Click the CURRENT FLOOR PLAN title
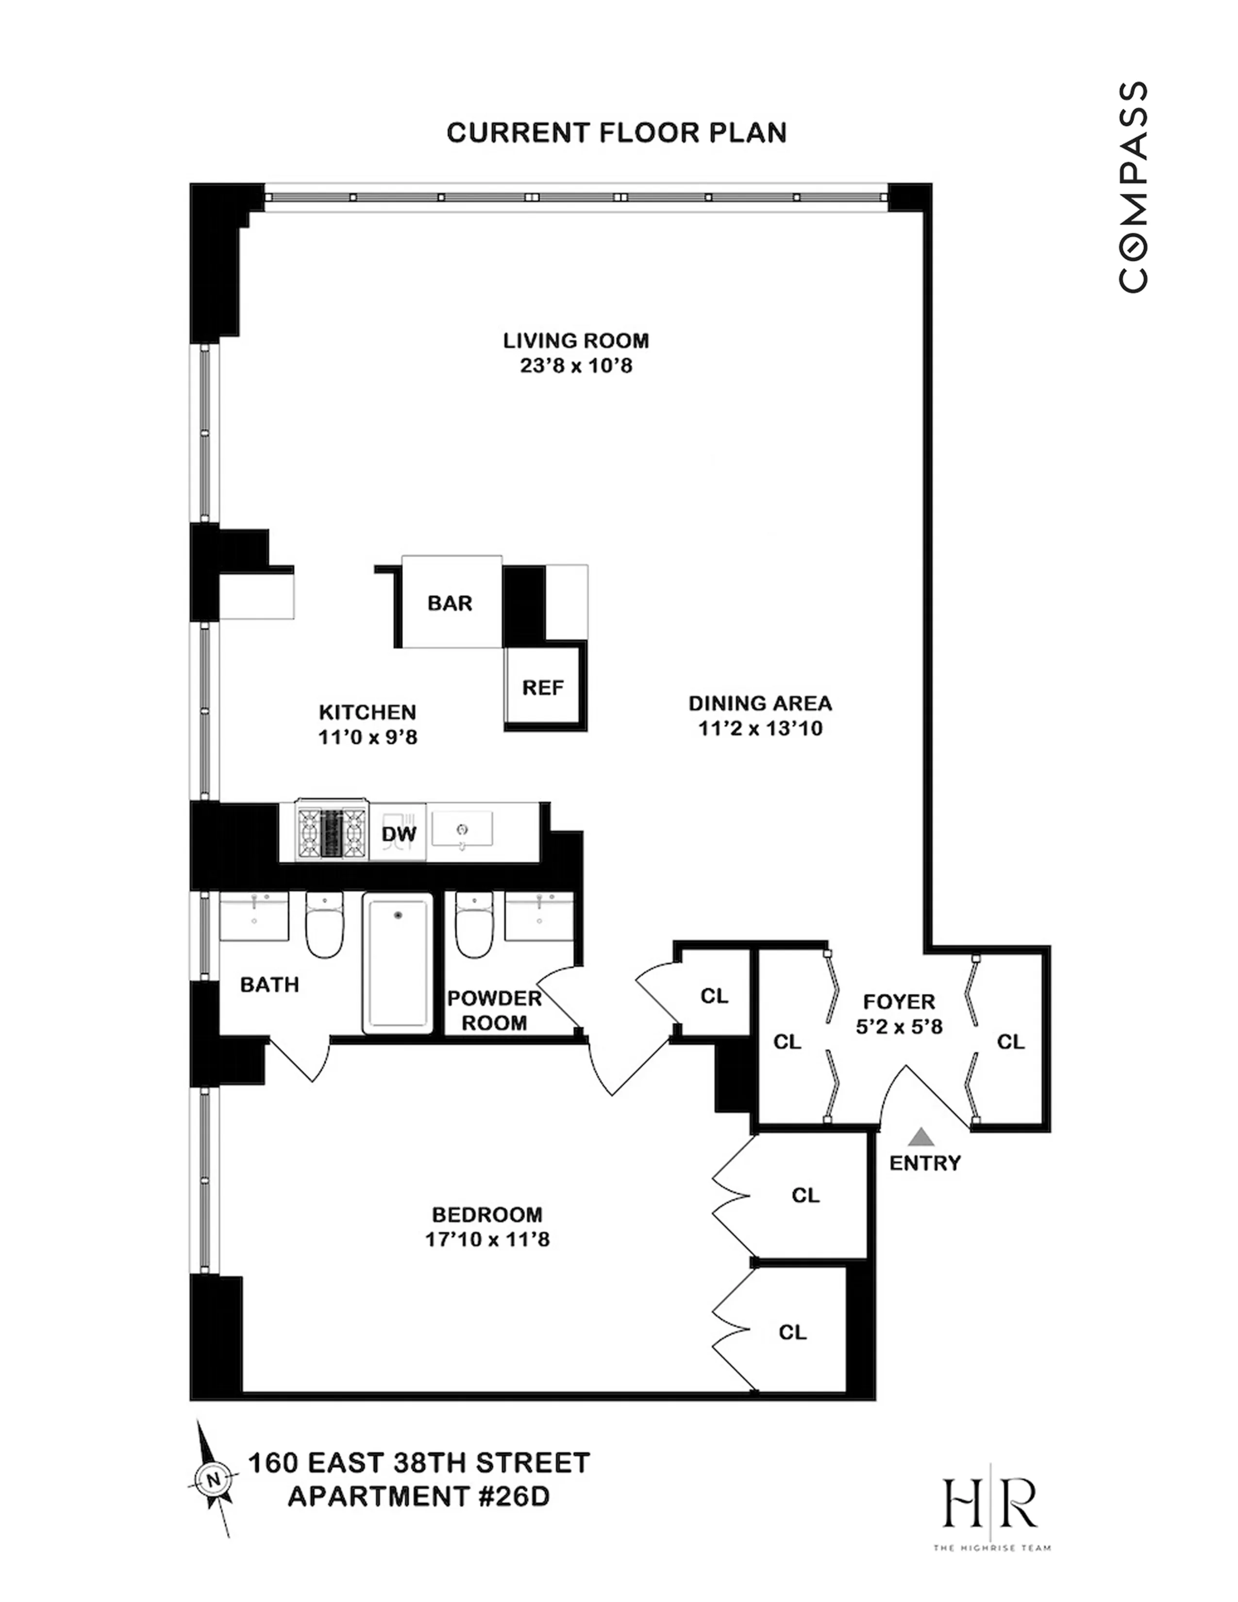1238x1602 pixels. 616,133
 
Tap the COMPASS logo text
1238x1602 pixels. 1133,187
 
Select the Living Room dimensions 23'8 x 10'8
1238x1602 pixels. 576,365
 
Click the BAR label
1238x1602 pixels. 450,603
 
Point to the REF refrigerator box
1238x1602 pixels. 543,687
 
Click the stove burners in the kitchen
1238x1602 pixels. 332,833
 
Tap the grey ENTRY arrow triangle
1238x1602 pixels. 921,1137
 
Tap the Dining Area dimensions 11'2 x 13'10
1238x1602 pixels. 760,728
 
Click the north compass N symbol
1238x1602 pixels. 213,1479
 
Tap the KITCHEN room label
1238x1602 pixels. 368,712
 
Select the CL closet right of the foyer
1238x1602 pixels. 1010,1042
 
